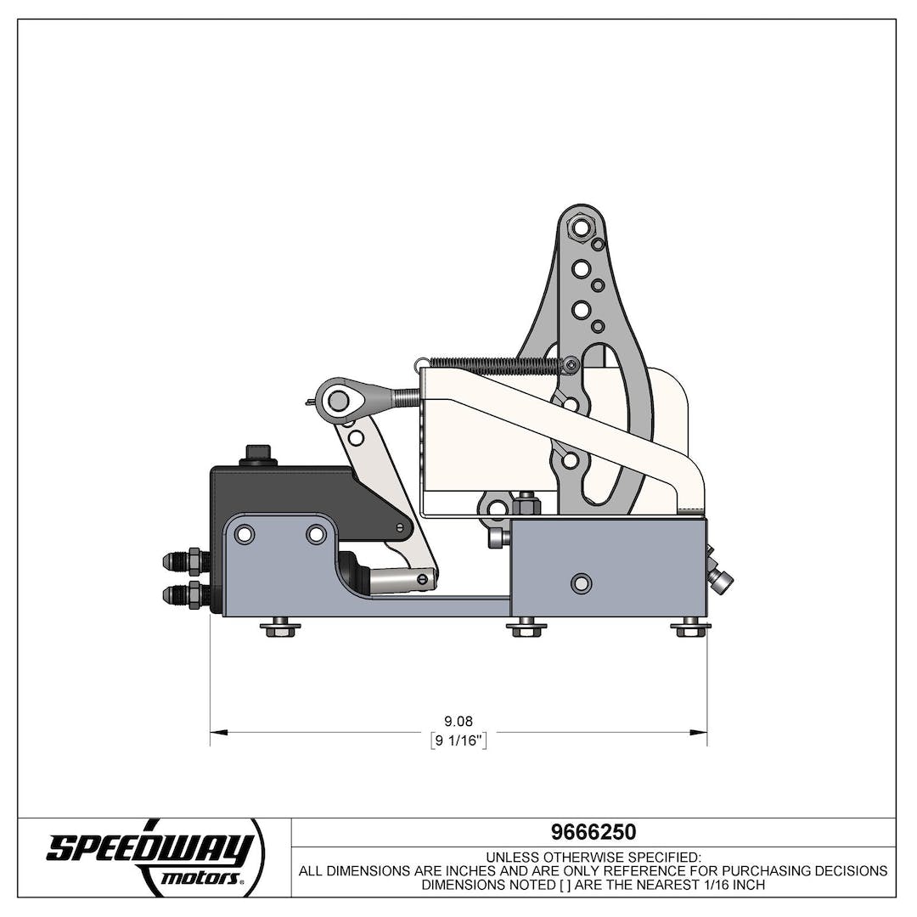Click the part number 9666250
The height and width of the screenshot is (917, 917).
(594, 832)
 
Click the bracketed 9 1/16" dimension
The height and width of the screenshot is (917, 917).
(458, 740)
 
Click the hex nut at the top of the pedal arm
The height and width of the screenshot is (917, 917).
(581, 227)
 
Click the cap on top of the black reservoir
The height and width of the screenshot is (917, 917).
(257, 454)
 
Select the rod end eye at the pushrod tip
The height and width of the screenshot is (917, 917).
(337, 397)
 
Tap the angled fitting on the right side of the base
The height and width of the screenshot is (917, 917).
(720, 578)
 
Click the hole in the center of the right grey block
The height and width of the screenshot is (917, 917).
(581, 583)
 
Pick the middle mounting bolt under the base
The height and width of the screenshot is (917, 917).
(526, 628)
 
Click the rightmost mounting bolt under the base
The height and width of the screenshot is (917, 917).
(690, 628)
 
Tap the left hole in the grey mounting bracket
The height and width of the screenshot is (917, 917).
(245, 534)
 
